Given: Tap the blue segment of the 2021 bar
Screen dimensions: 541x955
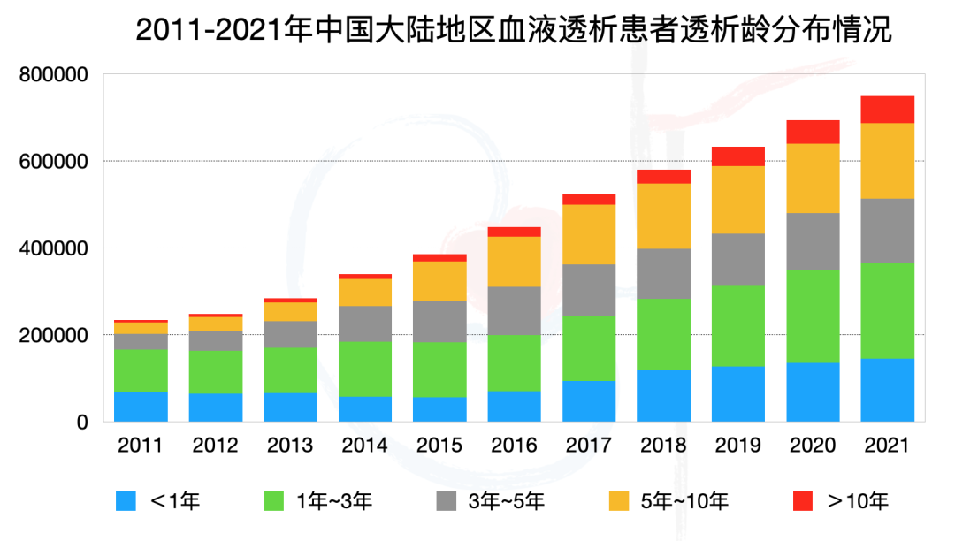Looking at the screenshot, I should click(x=887, y=390).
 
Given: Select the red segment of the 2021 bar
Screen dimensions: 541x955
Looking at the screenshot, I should click(x=887, y=109).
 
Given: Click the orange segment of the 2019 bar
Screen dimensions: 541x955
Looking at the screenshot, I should click(x=738, y=200).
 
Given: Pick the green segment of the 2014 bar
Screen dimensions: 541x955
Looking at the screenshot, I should click(x=365, y=369).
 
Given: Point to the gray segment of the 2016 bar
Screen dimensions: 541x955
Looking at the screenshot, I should click(x=515, y=310).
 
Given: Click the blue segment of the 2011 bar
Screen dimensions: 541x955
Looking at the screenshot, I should click(x=141, y=407).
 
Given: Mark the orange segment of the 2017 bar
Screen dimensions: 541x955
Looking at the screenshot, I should click(x=589, y=234).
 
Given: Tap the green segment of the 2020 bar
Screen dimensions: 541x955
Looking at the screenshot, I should click(x=813, y=316).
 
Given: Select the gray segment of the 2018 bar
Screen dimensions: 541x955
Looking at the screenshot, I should click(x=663, y=273).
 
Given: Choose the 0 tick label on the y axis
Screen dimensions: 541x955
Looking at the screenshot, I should click(x=82, y=423).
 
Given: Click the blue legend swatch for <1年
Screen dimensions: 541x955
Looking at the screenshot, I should click(x=128, y=501).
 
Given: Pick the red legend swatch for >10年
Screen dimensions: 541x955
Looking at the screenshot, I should click(x=803, y=501).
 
